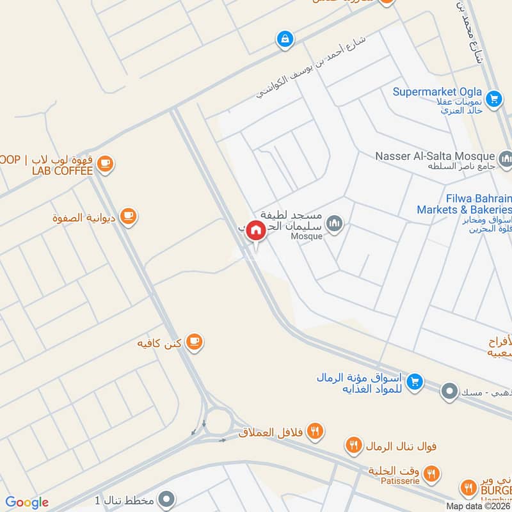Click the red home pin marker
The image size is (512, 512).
tap(256, 230)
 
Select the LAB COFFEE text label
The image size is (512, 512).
tap(63, 170)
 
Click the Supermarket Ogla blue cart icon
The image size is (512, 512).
tap(493, 99)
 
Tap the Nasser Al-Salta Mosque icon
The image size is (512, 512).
tap(506, 157)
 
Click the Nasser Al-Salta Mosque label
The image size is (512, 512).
tap(435, 156)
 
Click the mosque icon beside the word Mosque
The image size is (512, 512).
tap(335, 224)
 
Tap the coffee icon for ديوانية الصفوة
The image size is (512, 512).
tap(129, 216)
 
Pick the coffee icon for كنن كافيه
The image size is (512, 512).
tap(195, 343)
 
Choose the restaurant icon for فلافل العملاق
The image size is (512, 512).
tap(314, 430)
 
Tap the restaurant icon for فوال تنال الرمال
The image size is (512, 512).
tap(353, 444)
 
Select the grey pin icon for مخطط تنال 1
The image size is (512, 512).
tap(166, 499)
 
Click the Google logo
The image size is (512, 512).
tap(27, 502)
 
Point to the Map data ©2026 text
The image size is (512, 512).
tap(477, 506)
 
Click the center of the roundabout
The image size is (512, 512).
tap(219, 421)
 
